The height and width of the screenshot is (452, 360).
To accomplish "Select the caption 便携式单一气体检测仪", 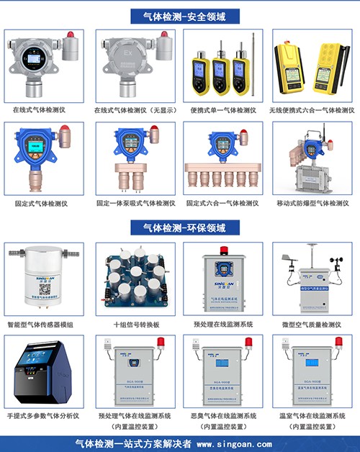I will point(223,110).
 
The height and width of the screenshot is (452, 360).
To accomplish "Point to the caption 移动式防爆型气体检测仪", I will point(312,203).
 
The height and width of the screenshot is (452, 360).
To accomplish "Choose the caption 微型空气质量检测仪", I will point(312,325).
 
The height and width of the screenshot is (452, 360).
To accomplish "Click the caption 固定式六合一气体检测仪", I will point(223,203).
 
